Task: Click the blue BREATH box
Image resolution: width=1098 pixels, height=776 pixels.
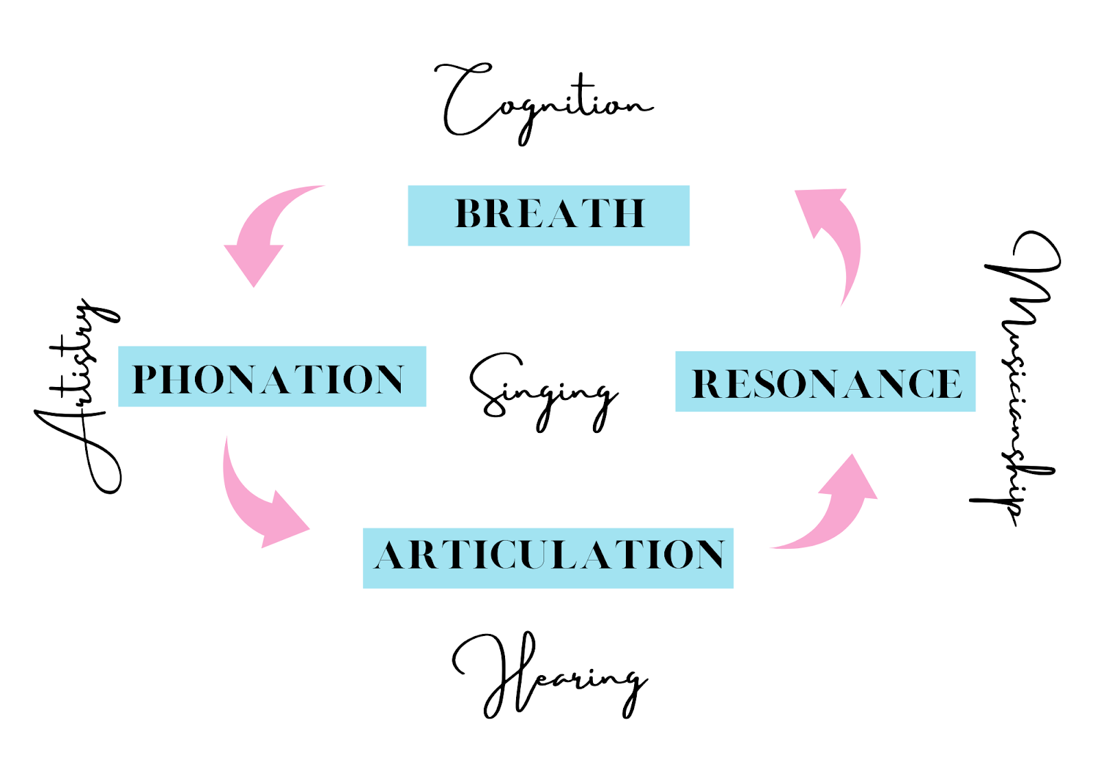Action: [x=548, y=215]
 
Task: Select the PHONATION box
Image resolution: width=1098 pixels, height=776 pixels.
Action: [x=272, y=377]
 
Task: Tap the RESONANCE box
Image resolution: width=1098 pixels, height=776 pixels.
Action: [x=825, y=381]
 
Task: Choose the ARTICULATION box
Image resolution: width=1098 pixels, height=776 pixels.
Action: [x=548, y=557]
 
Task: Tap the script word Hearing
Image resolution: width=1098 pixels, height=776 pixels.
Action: [x=549, y=676]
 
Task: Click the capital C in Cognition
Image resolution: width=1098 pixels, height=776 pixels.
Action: [x=463, y=99]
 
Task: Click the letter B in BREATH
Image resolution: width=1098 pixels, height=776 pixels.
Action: [x=470, y=213]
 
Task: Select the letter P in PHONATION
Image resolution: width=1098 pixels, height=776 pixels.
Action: [x=146, y=379]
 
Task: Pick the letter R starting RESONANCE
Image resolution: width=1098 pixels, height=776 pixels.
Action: [x=708, y=384]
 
